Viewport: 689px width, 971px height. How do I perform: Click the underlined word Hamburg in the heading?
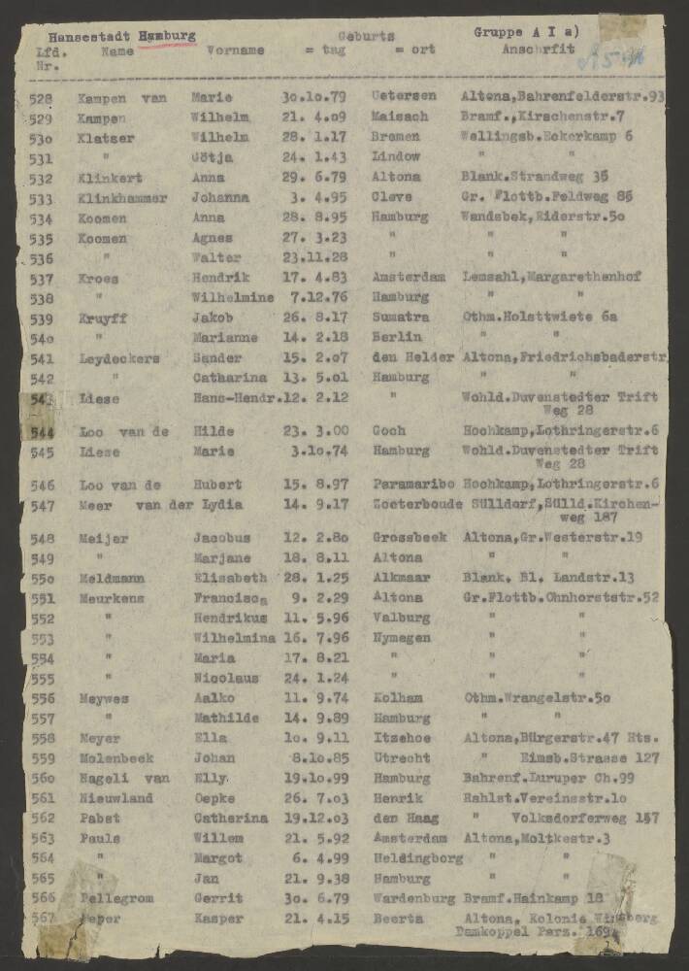point(167,35)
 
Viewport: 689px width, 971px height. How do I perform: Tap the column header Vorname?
point(235,50)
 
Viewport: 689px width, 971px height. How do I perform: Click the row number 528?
point(41,97)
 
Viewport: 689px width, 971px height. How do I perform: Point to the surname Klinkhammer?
point(126,198)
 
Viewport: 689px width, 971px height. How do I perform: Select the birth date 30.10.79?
point(309,97)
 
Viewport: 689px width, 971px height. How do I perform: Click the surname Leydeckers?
point(120,358)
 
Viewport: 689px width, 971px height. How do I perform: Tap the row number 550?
point(43,579)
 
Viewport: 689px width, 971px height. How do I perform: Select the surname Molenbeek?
point(116,757)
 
